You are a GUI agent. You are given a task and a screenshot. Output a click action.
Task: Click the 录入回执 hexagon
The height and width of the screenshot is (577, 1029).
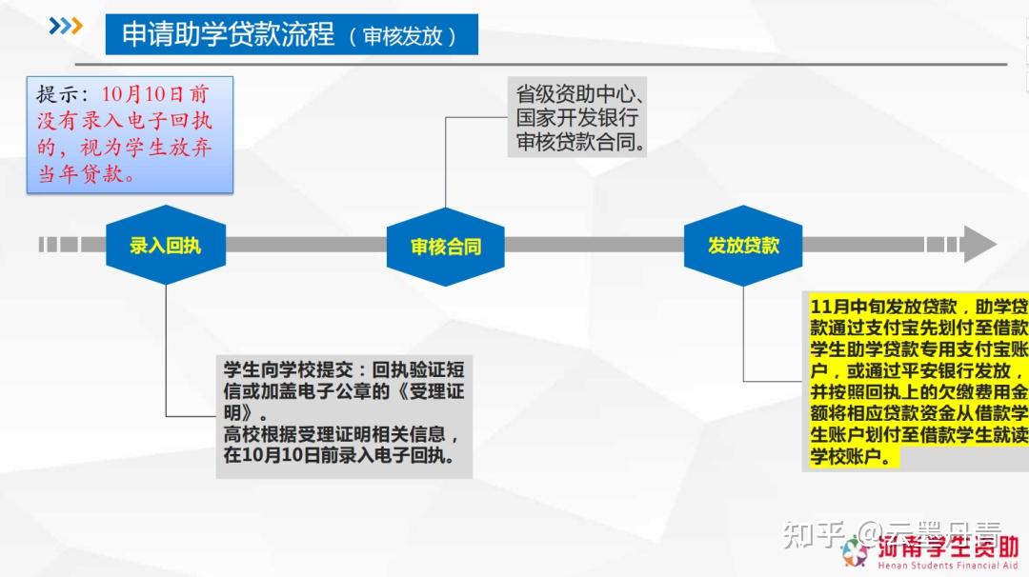(166, 246)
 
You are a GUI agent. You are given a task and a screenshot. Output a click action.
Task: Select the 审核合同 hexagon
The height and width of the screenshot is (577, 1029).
(445, 247)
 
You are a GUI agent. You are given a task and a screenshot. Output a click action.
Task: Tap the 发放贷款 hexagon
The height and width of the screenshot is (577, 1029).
(743, 245)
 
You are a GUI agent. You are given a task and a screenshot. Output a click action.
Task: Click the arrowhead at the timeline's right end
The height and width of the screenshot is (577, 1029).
(979, 245)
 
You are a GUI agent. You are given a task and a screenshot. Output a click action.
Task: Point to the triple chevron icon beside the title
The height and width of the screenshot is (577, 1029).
(66, 27)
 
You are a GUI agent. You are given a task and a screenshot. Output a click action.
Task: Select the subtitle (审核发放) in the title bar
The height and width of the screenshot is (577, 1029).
(402, 36)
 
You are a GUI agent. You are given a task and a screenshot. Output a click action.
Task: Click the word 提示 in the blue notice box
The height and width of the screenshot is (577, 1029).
(57, 95)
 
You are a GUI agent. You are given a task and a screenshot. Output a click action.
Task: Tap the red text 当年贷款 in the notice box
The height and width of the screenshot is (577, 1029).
(86, 175)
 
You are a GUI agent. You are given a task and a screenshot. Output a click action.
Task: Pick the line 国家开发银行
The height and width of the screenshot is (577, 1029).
(576, 119)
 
